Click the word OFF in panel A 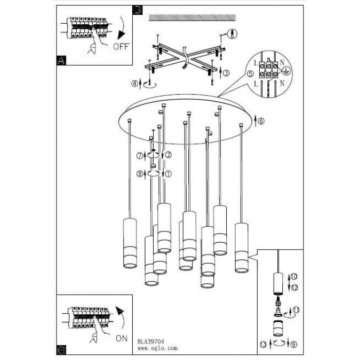(x=121, y=47)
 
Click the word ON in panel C (x=121, y=338)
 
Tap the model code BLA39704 (x=151, y=341)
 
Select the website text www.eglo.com (x=157, y=348)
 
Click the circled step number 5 (x=250, y=74)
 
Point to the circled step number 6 (x=261, y=121)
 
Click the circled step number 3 (x=226, y=73)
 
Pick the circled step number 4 (x=135, y=83)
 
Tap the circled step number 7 (x=140, y=156)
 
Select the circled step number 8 (x=140, y=174)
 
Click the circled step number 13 (x=263, y=345)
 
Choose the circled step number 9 (x=294, y=345)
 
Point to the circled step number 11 (x=296, y=310)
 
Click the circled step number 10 (x=294, y=277)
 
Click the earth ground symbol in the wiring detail (x=286, y=70)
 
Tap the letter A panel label (x=61, y=60)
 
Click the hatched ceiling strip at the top (x=192, y=17)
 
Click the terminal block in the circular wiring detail (x=268, y=70)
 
